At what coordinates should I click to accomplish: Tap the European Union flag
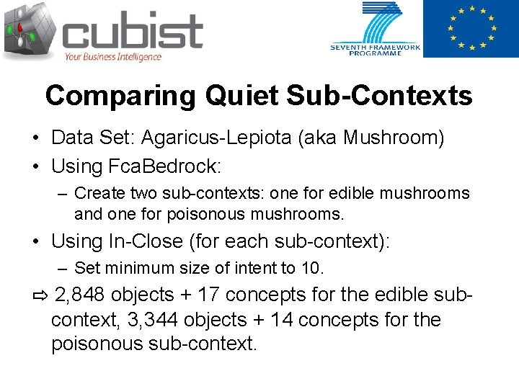470,29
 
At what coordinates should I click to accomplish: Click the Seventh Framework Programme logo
376,29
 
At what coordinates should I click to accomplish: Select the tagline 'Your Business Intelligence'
113,57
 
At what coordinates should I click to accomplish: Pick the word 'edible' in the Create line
354,194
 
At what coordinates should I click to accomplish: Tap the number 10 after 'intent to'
312,269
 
